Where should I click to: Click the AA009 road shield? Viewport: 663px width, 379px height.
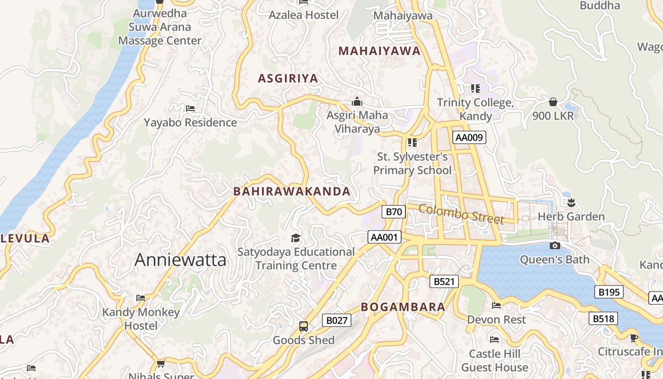(469, 137)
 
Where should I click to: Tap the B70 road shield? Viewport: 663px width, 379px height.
(394, 211)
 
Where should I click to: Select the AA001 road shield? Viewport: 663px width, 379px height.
(384, 237)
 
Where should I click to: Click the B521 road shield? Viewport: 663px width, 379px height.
(444, 281)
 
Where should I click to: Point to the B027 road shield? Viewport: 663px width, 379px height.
(337, 320)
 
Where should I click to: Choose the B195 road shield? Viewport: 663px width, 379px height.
(609, 292)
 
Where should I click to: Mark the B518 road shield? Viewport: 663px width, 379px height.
(603, 318)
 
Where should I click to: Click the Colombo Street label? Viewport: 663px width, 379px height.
(461, 214)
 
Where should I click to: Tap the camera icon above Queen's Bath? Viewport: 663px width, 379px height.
(555, 245)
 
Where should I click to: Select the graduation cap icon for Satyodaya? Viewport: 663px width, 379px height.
(296, 237)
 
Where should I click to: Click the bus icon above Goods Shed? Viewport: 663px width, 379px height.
(304, 326)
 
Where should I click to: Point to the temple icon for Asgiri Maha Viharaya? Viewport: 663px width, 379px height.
(357, 101)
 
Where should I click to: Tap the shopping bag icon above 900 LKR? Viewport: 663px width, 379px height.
(553, 101)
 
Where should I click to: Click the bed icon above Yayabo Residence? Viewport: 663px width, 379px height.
(190, 108)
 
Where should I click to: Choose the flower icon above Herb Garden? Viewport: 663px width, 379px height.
(571, 203)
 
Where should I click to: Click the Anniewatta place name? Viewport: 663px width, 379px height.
(180, 260)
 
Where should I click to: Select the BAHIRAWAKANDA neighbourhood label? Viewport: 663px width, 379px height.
(292, 191)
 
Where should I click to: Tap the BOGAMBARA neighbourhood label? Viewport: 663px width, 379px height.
(403, 307)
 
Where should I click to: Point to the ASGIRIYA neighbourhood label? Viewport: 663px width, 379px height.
(287, 79)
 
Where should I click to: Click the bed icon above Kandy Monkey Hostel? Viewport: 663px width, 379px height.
(141, 298)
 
